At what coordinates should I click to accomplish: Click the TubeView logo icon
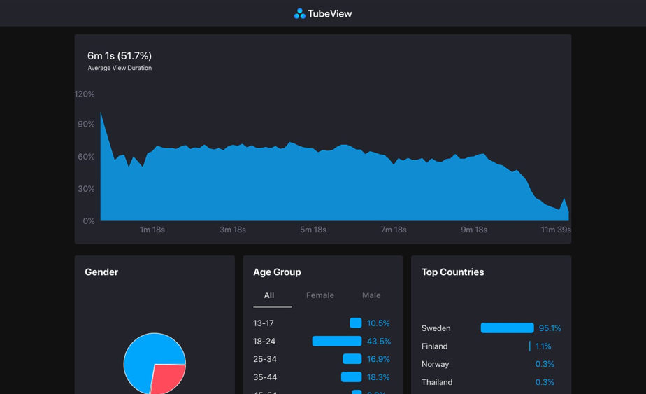[299, 13]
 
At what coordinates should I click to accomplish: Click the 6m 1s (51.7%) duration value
[120, 56]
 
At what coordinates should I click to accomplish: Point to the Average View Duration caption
[120, 68]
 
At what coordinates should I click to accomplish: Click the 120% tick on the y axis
[85, 94]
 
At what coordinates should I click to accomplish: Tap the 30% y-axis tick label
[86, 189]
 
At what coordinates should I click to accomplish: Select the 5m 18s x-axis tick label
[313, 230]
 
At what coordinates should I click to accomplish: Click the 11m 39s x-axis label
[555, 230]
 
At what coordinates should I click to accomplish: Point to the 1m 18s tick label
[152, 230]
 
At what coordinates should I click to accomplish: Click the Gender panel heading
[101, 272]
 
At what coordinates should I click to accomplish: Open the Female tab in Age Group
[320, 295]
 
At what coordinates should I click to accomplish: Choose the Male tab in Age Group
[371, 295]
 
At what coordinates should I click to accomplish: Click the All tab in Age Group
[269, 295]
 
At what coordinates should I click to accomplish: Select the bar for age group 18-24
[337, 341]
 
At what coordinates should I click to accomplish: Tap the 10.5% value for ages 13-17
[378, 323]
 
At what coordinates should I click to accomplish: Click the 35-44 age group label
[265, 377]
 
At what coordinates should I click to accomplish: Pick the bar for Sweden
[507, 328]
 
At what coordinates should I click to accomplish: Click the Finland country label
[434, 346]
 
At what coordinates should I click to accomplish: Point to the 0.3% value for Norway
[545, 364]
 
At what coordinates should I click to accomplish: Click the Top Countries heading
[452, 272]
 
